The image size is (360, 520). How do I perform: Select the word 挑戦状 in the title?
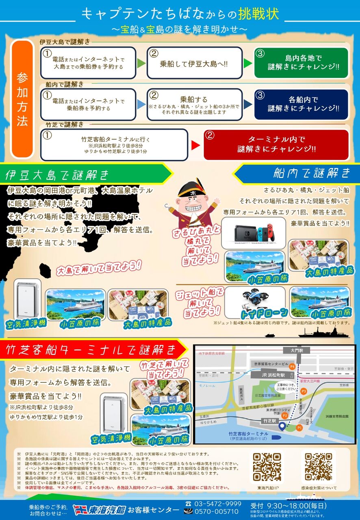pyautogui.click(x=264, y=13)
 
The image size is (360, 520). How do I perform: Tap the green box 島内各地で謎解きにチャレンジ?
pyautogui.click(x=301, y=63)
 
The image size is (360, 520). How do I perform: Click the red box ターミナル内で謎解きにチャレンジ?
pyautogui.click(x=276, y=144)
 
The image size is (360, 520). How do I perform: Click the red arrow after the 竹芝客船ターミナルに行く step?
pyautogui.click(x=196, y=145)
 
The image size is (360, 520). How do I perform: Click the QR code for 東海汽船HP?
pyautogui.click(x=267, y=467)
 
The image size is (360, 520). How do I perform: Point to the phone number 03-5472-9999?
pyautogui.click(x=218, y=504)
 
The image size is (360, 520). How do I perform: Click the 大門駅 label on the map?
pyautogui.click(x=294, y=349)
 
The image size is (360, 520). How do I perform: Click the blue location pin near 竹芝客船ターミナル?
pyautogui.click(x=282, y=426)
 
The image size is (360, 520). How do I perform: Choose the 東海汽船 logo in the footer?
pyautogui.click(x=99, y=509)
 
